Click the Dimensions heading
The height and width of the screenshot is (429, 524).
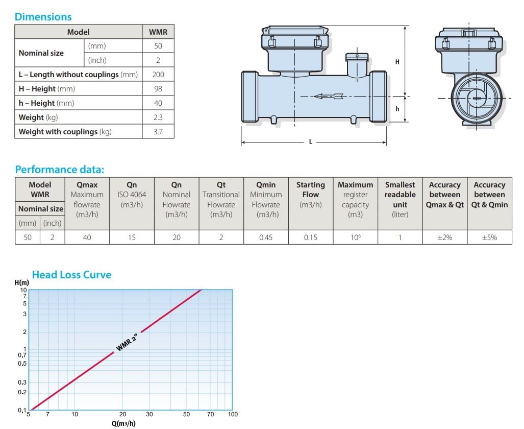[43, 17]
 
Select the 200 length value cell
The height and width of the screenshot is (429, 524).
[158, 74]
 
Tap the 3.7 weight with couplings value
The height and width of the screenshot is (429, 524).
[158, 132]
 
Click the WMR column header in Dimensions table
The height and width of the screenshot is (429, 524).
[158, 32]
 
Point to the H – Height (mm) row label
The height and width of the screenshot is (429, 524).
[47, 89]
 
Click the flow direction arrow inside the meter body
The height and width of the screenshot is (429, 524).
[329, 97]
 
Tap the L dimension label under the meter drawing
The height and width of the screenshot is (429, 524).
[310, 142]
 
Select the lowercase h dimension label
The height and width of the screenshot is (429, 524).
[397, 109]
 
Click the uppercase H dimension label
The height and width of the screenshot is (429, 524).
[397, 62]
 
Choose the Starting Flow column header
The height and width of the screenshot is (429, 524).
[310, 195]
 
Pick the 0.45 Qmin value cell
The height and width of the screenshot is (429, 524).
[266, 237]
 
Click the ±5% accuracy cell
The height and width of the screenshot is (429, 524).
[490, 237]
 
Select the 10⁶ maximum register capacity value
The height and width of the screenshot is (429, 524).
[355, 237]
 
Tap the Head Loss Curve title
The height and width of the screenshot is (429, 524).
[71, 275]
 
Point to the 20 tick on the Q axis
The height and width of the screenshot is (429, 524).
[122, 414]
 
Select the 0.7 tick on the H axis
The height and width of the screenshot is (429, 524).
[22, 355]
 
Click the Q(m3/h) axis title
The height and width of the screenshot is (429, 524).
[123, 424]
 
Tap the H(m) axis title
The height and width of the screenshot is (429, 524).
[22, 283]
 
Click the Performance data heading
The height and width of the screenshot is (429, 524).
[60, 170]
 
